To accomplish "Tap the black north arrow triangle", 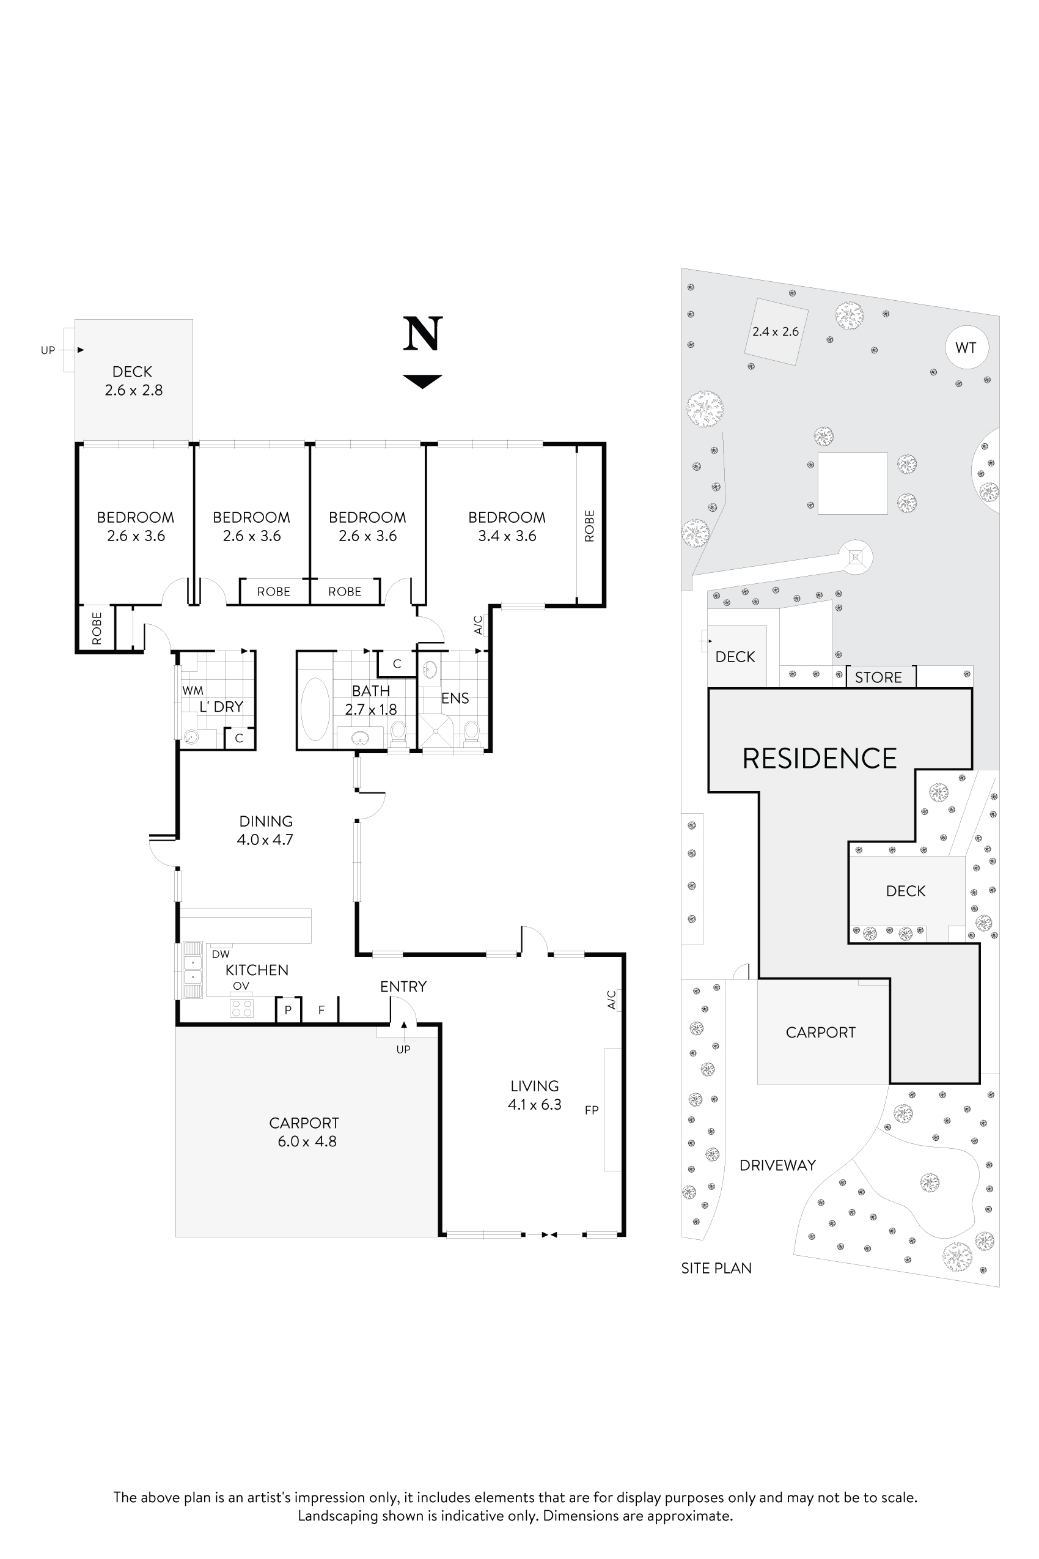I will pos(422,380).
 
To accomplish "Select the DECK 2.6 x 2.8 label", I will pos(133,381).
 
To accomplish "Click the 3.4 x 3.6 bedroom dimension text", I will pos(507,536).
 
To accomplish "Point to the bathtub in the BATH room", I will pos(315,709).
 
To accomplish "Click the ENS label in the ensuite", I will pos(455,698).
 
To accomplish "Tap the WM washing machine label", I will pos(193,690).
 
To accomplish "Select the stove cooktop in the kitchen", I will pos(241,1008).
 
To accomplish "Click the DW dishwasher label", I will pos(221,954).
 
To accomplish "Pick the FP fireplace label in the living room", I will pos(591,1110).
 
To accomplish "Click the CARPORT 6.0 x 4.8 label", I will pos(305,1132).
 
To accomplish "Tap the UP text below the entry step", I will pos(403,1049).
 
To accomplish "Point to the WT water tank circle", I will pos(966,347).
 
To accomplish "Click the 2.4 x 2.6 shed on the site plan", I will pos(774,331).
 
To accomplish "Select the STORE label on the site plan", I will pos(878,677).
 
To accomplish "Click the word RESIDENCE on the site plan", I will pos(819,758).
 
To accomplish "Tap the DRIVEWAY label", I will pos(777,1165).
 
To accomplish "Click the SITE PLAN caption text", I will pos(716,1268).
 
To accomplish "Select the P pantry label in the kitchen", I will pos(288,1010).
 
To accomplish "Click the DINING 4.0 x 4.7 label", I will pos(265,830).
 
